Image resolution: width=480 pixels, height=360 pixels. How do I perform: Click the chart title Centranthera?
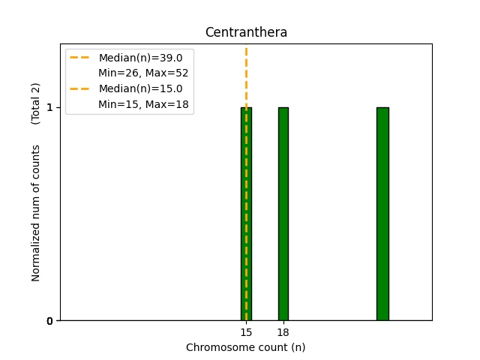click(246, 32)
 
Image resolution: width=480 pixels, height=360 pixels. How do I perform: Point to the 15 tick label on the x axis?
click(246, 331)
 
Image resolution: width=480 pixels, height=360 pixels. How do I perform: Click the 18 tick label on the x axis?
click(283, 331)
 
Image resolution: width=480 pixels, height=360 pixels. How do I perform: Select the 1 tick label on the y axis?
click(49, 107)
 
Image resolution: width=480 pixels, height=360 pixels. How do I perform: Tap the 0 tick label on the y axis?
click(49, 321)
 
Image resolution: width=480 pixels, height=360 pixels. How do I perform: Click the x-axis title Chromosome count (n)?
click(246, 347)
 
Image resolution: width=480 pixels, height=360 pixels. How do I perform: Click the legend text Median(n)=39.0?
click(140, 58)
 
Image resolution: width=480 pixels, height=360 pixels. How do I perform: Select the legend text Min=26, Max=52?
click(143, 73)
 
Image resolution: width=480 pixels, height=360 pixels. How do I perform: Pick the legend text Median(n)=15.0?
click(140, 88)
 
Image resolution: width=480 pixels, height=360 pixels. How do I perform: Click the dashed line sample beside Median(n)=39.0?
click(79, 58)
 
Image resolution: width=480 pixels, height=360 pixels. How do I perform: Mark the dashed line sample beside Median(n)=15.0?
click(79, 88)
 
